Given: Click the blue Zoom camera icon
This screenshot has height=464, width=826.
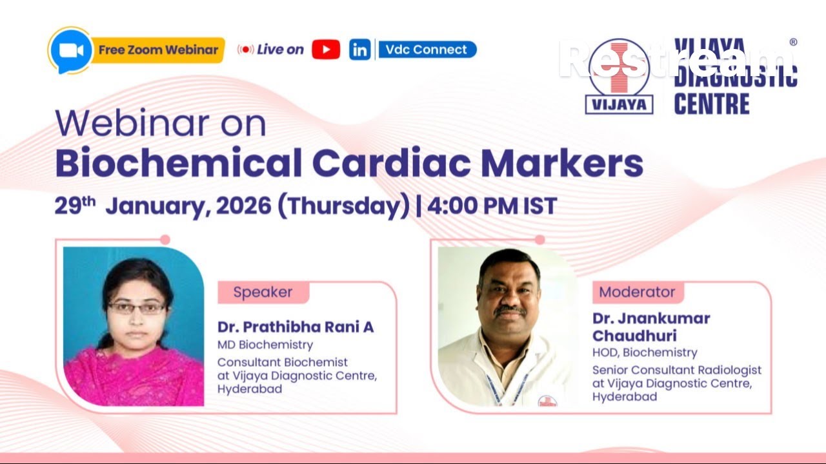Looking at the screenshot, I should (x=69, y=50).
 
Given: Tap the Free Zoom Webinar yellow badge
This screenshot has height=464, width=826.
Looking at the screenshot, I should (x=158, y=50).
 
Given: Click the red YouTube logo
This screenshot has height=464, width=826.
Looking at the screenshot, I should (x=326, y=50).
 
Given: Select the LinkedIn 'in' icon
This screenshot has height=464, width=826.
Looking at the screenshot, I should (x=360, y=50).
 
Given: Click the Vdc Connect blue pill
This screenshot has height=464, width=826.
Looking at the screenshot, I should (x=427, y=50).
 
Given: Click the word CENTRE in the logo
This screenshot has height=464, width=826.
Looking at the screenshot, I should (x=712, y=104).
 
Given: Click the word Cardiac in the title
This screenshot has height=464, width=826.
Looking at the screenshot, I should (x=391, y=164).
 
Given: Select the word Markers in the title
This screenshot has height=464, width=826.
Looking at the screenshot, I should (x=562, y=164).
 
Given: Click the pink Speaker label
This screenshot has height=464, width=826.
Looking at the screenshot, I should (x=263, y=292).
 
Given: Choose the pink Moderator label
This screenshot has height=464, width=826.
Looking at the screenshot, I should (x=637, y=292).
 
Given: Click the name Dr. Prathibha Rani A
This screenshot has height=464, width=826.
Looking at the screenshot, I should (x=296, y=327).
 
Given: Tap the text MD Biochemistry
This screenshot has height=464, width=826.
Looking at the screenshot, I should (x=265, y=345).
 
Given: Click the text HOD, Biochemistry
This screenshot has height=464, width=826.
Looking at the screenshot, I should (x=645, y=353).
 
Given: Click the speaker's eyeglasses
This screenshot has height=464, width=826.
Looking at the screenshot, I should (x=136, y=308).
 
